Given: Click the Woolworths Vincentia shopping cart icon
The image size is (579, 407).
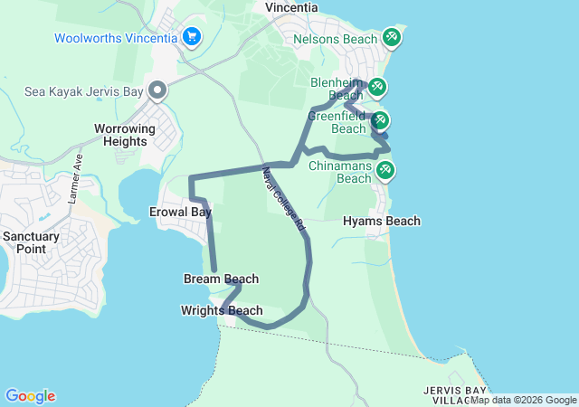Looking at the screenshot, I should (191, 37).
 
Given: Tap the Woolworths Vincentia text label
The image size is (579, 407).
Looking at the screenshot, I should (116, 38).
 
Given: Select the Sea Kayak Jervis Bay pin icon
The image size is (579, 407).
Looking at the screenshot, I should (157, 90).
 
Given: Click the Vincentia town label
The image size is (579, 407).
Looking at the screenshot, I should (291, 7).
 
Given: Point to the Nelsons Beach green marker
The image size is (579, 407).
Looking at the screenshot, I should (392, 38).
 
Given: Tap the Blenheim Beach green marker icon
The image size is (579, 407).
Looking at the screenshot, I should (376, 87).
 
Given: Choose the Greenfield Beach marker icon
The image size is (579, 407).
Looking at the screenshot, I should (380, 120).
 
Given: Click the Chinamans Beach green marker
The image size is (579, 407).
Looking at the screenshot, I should (385, 169).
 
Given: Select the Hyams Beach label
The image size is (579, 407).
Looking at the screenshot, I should (382, 221).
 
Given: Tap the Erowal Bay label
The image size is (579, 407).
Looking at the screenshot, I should (180, 212).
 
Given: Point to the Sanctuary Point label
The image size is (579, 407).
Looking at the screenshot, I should (31, 241).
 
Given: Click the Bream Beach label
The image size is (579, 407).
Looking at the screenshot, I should (221, 279).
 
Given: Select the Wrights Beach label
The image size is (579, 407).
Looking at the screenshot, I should (222, 310).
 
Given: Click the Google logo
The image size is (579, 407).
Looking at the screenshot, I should (30, 396).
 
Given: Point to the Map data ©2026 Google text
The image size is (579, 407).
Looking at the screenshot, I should (523, 400).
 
